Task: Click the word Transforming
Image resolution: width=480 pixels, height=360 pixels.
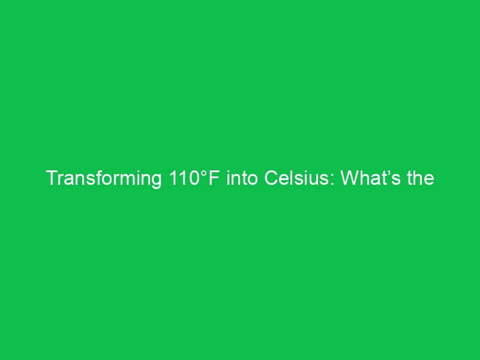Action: [x=102, y=179]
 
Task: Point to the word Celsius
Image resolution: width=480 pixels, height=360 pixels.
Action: [x=299, y=179]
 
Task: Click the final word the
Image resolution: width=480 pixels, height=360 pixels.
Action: [x=421, y=179]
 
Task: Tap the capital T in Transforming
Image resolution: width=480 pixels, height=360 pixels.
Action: [x=52, y=179]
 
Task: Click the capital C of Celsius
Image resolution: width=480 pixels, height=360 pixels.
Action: [x=272, y=179]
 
